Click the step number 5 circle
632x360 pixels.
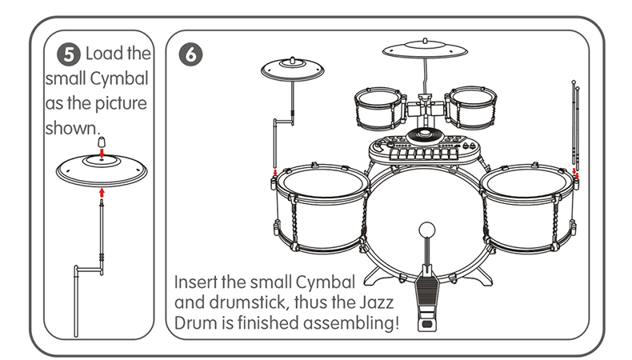coord(69,54)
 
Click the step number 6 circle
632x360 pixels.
coord(190,54)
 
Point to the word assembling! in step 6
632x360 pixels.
coord(351,323)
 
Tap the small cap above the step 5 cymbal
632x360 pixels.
coord(102,142)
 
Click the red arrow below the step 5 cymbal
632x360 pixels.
coord(102,192)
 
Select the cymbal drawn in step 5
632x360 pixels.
coord(102,170)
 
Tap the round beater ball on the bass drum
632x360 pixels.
coord(427,230)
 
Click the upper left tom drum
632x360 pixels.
coord(379,108)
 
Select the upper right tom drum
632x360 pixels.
coord(470,107)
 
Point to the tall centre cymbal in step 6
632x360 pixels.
coord(425,50)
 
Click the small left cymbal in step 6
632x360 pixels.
coord(292,70)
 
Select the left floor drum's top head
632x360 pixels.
coord(323,182)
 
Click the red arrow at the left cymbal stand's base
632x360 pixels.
coord(275,173)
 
